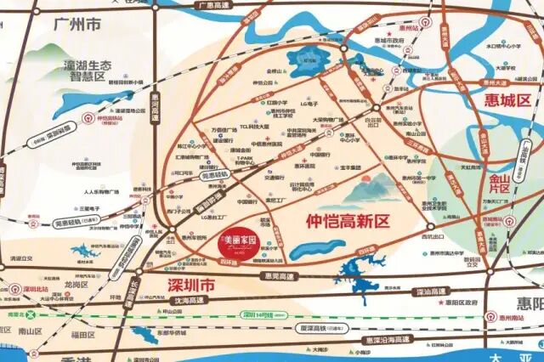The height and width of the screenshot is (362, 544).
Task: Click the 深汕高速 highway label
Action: (x=428, y=292)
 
